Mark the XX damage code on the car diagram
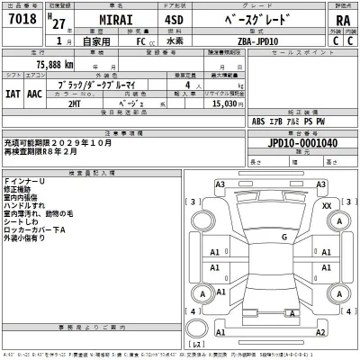coord(326,206)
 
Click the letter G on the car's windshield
coord(283,237)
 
